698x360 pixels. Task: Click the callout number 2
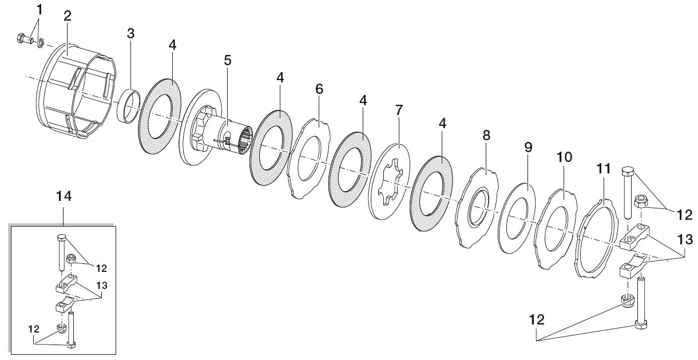(68, 16)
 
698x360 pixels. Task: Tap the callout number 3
(130, 33)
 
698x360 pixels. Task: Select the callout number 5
(228, 60)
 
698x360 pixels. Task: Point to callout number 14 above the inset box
(64, 196)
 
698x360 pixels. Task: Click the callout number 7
(399, 110)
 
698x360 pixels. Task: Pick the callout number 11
(603, 169)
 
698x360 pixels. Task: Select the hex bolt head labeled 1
(21, 38)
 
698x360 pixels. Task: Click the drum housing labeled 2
(76, 90)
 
